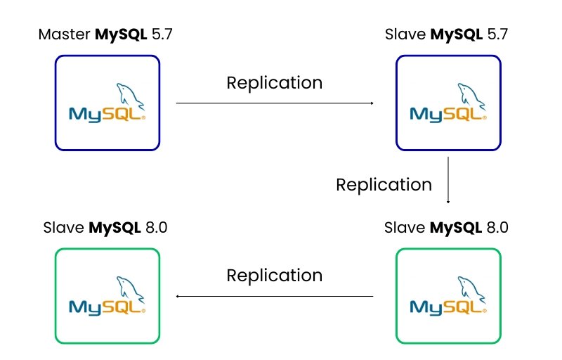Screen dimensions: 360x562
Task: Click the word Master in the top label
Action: [x=65, y=34]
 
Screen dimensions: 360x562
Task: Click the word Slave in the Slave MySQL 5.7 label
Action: [x=405, y=34]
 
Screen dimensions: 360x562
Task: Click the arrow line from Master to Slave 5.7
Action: [x=274, y=103]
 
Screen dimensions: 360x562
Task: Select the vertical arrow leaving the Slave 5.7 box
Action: [x=448, y=179]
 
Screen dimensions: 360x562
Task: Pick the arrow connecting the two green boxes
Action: [x=274, y=296]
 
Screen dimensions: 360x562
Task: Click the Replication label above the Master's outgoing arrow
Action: [x=274, y=82]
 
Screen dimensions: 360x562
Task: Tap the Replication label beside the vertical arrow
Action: [x=384, y=184]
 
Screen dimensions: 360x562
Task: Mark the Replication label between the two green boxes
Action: [x=274, y=275]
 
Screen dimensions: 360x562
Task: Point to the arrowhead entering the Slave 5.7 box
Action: [x=371, y=103]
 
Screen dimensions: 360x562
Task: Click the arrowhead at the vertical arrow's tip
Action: [x=448, y=201]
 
